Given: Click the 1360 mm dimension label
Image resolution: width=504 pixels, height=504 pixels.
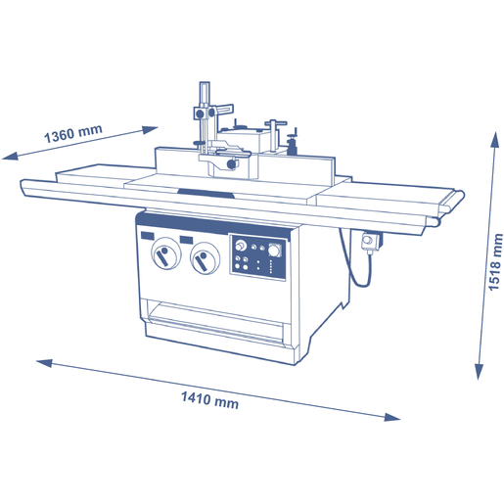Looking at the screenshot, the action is click(73, 133).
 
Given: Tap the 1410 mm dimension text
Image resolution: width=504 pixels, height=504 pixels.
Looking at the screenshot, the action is click(209, 400).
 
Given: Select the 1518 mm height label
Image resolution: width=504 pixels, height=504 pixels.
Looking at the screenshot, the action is click(495, 261).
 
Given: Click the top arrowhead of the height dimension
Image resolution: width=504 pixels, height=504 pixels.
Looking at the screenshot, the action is click(495, 140).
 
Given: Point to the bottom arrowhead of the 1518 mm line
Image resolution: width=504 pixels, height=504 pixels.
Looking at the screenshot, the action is click(479, 371).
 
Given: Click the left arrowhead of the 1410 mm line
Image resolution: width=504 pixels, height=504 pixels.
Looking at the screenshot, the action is click(45, 363).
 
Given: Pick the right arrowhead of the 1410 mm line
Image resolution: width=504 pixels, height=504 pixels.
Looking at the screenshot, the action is click(392, 417).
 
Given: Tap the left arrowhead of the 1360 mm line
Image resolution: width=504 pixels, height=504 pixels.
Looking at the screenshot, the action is click(10, 156).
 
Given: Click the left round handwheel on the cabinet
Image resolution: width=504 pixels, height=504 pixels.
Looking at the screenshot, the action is click(165, 253).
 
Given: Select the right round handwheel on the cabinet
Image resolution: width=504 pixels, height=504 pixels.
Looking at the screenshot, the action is click(205, 258).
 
